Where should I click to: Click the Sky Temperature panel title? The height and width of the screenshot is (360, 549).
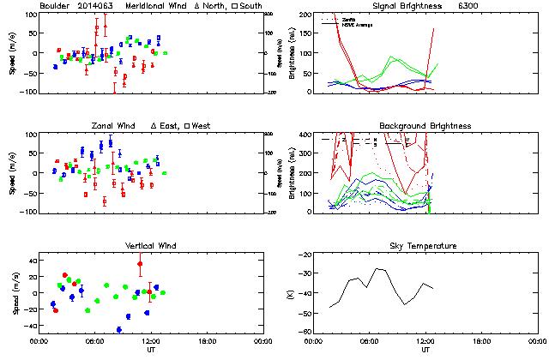coord(425,246)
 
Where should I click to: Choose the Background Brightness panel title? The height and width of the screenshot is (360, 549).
coord(425,126)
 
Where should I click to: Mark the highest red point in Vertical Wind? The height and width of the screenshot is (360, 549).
coord(140,264)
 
